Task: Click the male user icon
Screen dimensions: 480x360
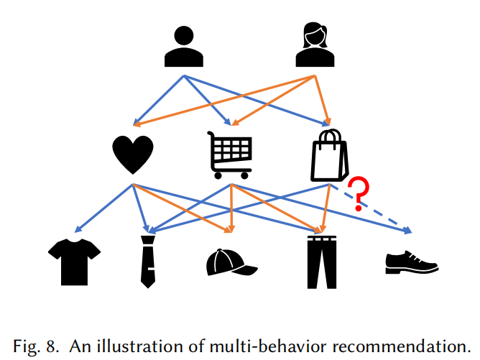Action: pos(184,47)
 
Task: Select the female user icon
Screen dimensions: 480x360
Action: pos(315,45)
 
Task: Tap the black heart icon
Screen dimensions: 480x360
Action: pos(133,154)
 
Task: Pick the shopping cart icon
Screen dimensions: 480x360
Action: pos(230,155)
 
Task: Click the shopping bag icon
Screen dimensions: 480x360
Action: pos(329,155)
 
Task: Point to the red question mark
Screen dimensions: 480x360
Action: pos(359,193)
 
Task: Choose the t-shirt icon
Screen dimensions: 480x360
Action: pos(75,262)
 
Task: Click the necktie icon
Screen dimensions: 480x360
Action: pos(148,262)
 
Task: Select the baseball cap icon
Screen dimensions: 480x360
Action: pos(231,262)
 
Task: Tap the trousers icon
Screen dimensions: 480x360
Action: pos(322,262)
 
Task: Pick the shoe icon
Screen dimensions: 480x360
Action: pos(412,262)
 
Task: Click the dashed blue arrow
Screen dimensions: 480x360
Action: pos(370,209)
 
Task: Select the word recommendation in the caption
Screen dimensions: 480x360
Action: pos(402,346)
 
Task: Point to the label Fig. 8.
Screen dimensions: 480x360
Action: pos(36,346)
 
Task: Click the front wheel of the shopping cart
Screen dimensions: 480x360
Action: pos(244,175)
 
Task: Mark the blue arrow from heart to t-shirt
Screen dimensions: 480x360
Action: pos(103,208)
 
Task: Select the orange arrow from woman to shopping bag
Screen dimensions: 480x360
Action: pos(322,101)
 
